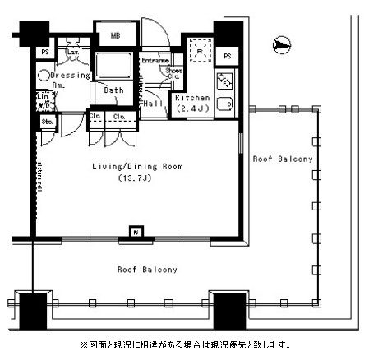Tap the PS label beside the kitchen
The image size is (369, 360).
click(227, 56)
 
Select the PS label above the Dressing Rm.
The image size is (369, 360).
click(44, 52)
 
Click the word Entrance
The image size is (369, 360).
click(155, 61)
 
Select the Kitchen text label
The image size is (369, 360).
click(192, 98)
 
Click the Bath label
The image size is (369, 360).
click(113, 90)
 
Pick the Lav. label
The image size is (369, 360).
click(72, 52)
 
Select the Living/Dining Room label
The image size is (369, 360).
click(136, 167)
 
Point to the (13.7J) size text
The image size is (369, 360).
click(131, 178)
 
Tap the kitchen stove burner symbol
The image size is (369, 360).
click(223, 81)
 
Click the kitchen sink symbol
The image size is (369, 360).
click(223, 105)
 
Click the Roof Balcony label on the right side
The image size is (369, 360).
click(283, 159)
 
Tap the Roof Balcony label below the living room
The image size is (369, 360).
click(147, 270)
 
